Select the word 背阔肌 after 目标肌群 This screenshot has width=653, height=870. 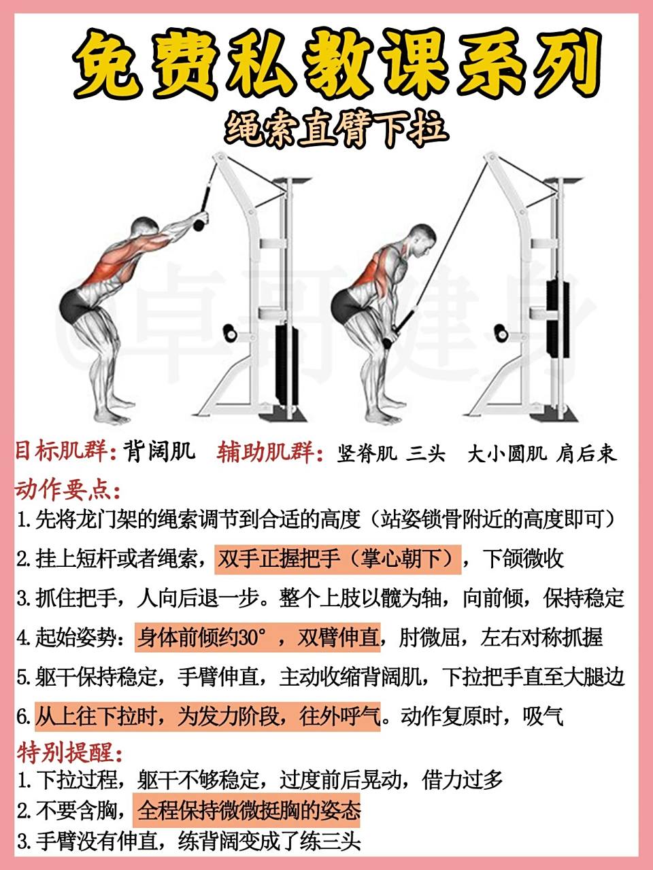(x=159, y=451)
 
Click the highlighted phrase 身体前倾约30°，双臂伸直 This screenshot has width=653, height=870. (x=258, y=638)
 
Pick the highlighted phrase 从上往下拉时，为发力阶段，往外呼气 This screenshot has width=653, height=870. (x=207, y=716)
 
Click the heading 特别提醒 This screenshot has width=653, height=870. (x=68, y=752)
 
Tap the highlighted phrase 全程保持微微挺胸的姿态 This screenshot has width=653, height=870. (x=248, y=810)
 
